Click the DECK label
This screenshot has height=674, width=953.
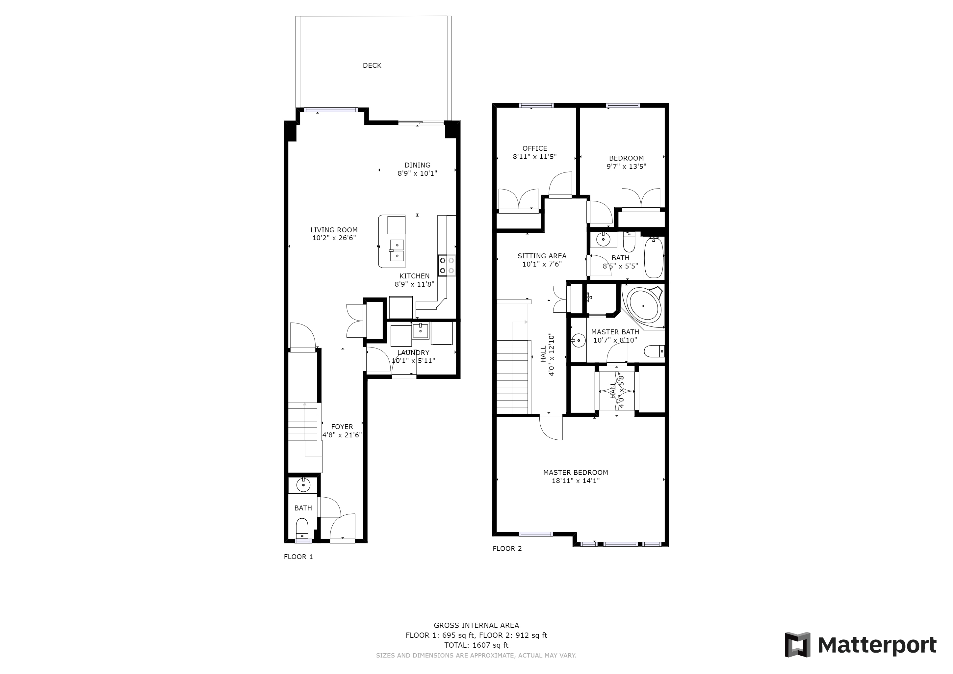[372, 65]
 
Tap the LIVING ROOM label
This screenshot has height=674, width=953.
[334, 230]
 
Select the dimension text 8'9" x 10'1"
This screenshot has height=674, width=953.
[417, 173]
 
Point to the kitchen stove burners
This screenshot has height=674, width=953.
[447, 266]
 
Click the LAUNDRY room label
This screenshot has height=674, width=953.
[413, 353]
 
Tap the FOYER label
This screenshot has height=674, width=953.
[342, 427]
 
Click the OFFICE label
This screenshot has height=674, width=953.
[535, 148]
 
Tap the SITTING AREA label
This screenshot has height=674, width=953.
[542, 256]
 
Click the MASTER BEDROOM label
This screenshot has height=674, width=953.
[575, 472]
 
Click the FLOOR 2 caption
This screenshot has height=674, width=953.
[507, 548]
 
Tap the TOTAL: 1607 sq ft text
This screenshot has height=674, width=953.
[476, 645]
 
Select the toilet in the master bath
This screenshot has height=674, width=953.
[655, 351]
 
